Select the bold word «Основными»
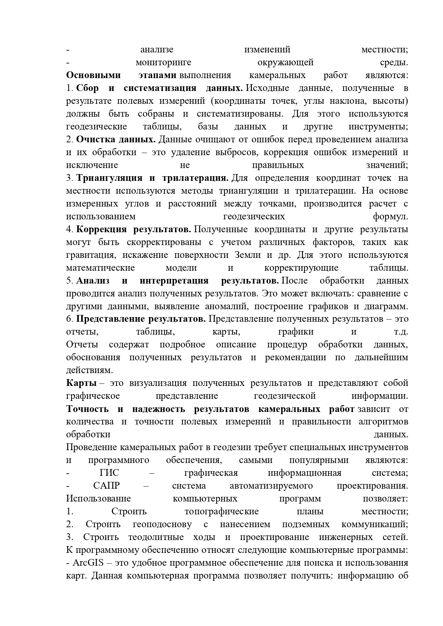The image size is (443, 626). coord(93,75)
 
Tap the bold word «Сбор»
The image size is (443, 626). coord(88,88)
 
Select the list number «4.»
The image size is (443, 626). coord(70,229)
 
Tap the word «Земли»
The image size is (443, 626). coord(248,255)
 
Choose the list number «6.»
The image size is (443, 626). coord(70,319)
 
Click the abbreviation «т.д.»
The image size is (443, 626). coord(401,331)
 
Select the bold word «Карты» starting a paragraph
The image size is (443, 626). coord(81,383)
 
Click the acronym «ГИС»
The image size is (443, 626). coord(109,473)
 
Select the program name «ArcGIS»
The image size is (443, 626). coord(88,563)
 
